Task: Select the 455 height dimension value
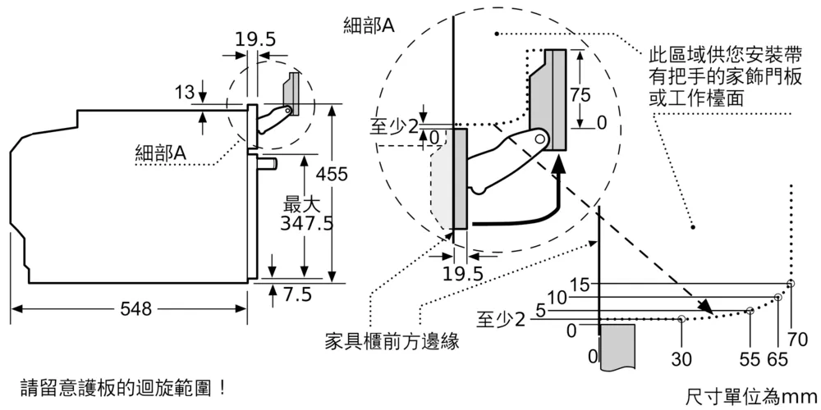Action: point(332,174)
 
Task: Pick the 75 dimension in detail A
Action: point(580,94)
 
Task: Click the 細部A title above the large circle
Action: point(369,25)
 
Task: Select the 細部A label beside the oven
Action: point(161,152)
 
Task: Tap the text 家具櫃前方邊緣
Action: point(391,341)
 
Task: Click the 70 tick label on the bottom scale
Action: point(797,339)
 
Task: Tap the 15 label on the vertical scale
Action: point(580,285)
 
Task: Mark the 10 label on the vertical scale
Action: point(557,298)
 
